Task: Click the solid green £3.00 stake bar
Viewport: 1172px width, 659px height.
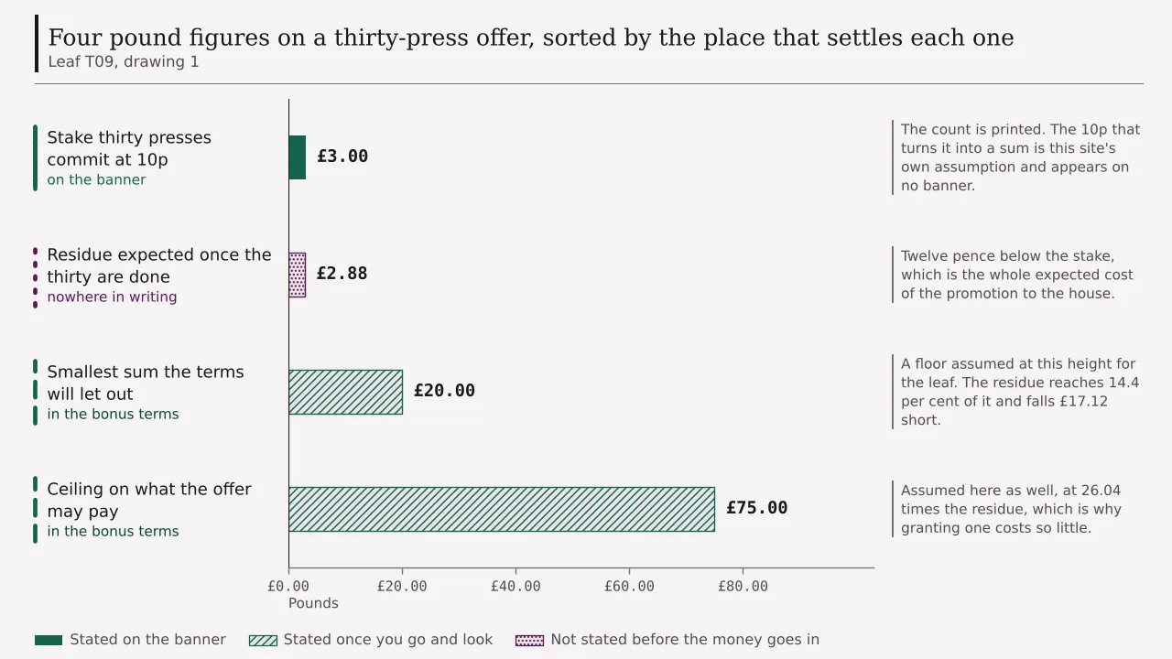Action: tap(298, 157)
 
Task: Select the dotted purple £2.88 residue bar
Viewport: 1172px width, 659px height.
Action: tap(298, 275)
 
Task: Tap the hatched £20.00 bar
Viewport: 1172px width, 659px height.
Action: tap(346, 393)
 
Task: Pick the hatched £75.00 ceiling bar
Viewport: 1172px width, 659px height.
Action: tap(502, 510)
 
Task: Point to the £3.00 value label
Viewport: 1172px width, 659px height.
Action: tap(342, 156)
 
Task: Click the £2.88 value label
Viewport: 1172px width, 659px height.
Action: tap(342, 273)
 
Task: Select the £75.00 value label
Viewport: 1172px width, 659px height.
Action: tap(757, 507)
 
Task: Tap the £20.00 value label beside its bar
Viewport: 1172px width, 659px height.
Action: tap(444, 390)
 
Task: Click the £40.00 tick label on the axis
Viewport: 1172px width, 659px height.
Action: tap(515, 587)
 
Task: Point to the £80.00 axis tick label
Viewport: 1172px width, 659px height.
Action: tap(743, 587)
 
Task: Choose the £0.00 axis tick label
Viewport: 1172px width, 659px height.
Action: tap(288, 587)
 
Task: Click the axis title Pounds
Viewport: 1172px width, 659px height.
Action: tap(313, 603)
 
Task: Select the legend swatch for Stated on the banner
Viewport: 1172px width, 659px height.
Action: tap(49, 640)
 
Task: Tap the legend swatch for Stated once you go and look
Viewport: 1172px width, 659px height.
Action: tap(263, 640)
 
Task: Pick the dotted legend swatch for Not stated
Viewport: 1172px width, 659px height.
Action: tap(529, 640)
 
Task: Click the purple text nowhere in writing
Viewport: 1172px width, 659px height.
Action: tap(112, 297)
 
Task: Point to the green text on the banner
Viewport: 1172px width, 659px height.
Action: tap(96, 180)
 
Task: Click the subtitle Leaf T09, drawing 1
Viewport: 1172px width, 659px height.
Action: tap(124, 61)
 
